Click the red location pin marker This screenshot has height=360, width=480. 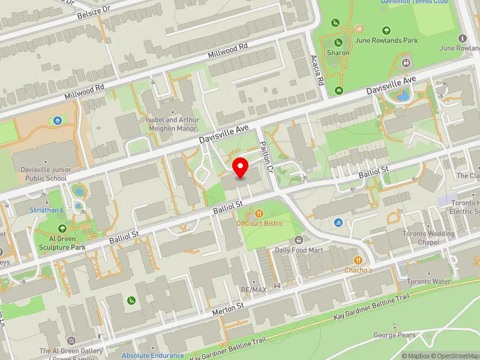(241, 168)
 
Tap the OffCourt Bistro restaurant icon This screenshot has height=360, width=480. (259, 213)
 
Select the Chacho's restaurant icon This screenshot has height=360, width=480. (359, 260)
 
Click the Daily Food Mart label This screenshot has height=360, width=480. (299, 250)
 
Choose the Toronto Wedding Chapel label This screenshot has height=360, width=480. (430, 238)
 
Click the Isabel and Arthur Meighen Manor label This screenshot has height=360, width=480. (172, 124)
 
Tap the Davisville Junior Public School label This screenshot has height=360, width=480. (43, 174)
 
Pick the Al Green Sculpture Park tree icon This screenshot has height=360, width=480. (63, 229)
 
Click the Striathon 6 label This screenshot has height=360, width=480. (47, 210)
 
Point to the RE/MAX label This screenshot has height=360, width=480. (254, 289)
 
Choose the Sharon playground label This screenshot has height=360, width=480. (338, 53)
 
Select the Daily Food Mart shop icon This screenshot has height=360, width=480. (299, 240)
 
